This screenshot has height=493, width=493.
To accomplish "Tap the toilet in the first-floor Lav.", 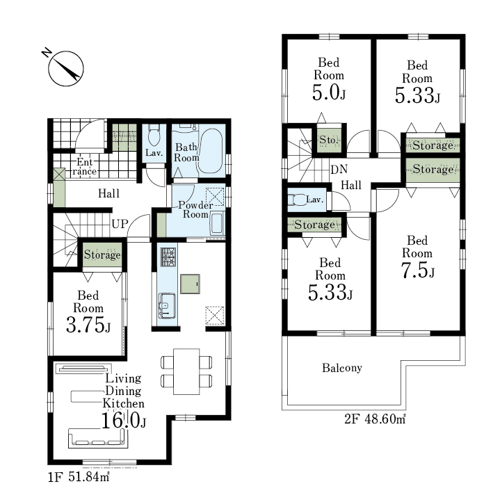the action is point(154,135).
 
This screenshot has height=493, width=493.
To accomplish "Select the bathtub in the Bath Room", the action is point(211,151).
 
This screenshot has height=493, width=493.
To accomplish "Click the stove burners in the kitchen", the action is point(168,257).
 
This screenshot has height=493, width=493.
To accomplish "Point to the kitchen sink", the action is point(167,306).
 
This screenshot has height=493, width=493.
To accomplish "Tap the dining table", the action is point(186,371).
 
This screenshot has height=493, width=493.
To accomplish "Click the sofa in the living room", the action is point(98,438).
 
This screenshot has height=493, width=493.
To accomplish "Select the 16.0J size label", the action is point(123,421).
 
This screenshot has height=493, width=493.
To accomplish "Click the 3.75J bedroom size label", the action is point(88,325).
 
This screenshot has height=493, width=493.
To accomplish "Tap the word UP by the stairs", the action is point(120,224).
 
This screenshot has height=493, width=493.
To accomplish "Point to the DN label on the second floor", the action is point(339,170).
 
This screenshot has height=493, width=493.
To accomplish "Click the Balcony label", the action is point(342,368).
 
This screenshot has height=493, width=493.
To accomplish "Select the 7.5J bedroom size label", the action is point(417,270).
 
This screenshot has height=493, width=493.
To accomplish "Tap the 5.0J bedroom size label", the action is point(329,92).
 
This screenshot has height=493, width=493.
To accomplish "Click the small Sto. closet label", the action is point(329,140).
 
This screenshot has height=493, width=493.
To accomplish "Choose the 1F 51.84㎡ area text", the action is point(79,477).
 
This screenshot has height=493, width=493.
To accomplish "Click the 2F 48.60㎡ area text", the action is point(375,419).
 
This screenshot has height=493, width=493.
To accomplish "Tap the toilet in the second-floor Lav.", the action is point(296,200).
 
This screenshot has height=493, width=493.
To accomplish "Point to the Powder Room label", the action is point(195,210).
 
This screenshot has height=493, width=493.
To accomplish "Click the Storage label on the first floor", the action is point(102,254).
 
